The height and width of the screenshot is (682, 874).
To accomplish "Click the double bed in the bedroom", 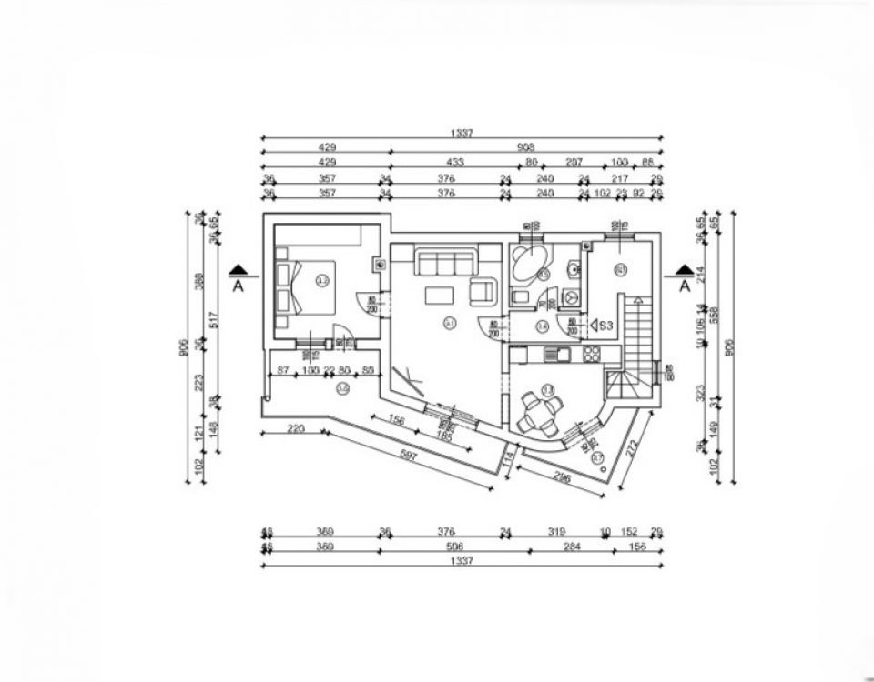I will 306,286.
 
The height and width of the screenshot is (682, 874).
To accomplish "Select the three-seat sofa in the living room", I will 445,264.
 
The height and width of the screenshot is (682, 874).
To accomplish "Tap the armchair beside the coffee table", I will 482,292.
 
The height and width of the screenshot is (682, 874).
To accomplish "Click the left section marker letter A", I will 239,286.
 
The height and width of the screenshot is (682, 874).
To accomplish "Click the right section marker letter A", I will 684,286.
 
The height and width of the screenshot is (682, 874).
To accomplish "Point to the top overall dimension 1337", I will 462,134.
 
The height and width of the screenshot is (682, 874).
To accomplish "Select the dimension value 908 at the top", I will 525,146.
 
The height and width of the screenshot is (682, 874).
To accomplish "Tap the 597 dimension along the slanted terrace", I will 407,456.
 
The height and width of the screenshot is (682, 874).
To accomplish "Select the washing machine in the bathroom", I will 572,296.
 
